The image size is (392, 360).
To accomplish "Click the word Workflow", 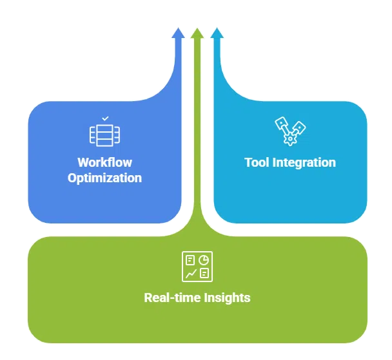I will [104, 162].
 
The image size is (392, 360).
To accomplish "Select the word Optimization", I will [104, 178].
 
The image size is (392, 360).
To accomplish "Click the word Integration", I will [304, 162].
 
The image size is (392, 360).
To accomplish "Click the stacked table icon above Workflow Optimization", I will [105, 134].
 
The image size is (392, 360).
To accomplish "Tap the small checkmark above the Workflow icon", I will [105, 119].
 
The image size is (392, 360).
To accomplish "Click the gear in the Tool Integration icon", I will [291, 138].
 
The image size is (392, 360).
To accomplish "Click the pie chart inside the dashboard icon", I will [204, 260].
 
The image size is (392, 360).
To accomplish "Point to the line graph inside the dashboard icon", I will [190, 274].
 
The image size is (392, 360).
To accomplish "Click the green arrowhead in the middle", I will [197, 33].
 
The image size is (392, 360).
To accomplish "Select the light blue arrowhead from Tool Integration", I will [217, 33].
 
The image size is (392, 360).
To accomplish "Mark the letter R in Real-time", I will [148, 298].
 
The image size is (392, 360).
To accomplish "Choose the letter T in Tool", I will [248, 162].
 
